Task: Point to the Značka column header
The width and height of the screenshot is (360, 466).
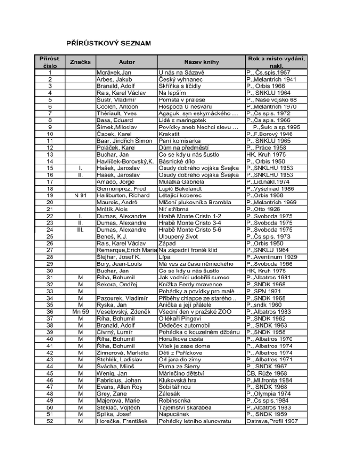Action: (x=79, y=61)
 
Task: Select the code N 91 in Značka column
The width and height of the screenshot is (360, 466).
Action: (x=79, y=195)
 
